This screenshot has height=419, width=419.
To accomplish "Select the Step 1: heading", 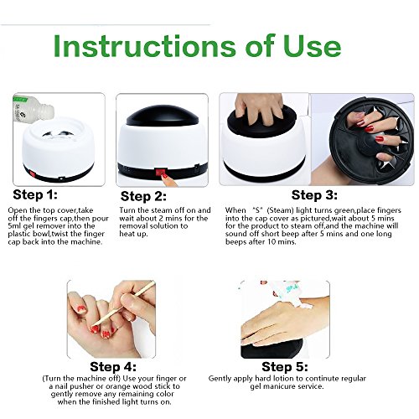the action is pyautogui.click(x=35, y=194).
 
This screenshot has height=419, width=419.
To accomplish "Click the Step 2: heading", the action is pyautogui.click(x=143, y=196).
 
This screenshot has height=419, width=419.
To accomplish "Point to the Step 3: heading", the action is pyautogui.click(x=314, y=195).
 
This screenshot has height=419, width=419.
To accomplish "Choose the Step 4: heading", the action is pyautogui.click(x=113, y=367).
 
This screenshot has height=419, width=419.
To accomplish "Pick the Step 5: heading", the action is pyautogui.click(x=285, y=367).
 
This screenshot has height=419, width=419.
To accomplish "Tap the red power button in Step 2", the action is pyautogui.click(x=161, y=172).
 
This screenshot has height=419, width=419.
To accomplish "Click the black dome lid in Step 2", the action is pyautogui.click(x=163, y=116).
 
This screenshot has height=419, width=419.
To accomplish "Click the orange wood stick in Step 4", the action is pyautogui.click(x=123, y=303).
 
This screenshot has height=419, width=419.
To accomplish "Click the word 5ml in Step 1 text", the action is pyautogui.click(x=14, y=226).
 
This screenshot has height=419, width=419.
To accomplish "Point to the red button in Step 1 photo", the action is pyautogui.click(x=33, y=174).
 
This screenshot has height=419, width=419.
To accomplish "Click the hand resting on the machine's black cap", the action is pyautogui.click(x=259, y=107).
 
